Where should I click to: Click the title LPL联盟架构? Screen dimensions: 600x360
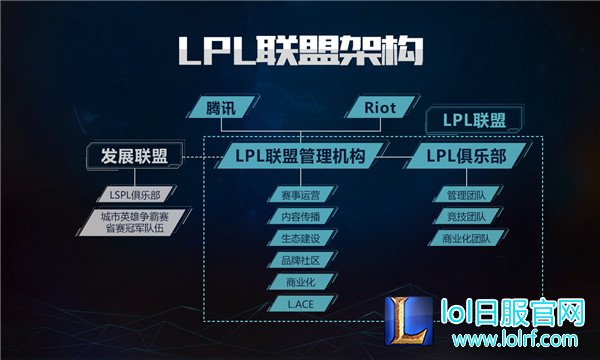point(301,51)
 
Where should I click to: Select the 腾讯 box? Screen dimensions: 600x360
point(221,108)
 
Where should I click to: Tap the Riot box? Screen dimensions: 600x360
point(380,108)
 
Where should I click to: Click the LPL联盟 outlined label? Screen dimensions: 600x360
point(474,120)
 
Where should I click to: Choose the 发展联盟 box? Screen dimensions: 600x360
point(135,156)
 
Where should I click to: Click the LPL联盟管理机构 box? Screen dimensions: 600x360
point(300,156)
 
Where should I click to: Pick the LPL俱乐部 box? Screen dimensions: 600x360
point(466,156)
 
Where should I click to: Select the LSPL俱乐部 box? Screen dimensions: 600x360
point(135,195)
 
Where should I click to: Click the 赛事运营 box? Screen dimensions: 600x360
point(301,195)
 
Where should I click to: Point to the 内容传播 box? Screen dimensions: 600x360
point(301,217)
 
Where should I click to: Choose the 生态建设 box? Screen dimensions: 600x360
point(301,238)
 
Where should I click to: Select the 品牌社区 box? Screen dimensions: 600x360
point(301,260)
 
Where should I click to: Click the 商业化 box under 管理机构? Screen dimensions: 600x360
point(301,282)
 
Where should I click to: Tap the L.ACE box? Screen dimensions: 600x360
point(301,304)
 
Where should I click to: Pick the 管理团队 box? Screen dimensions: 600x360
point(467,195)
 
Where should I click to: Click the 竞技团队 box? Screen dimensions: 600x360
point(467,217)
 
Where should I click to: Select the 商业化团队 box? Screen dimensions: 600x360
point(467,238)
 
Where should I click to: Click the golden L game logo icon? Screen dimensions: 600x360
point(409,321)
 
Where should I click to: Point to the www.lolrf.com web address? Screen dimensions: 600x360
point(515,339)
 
